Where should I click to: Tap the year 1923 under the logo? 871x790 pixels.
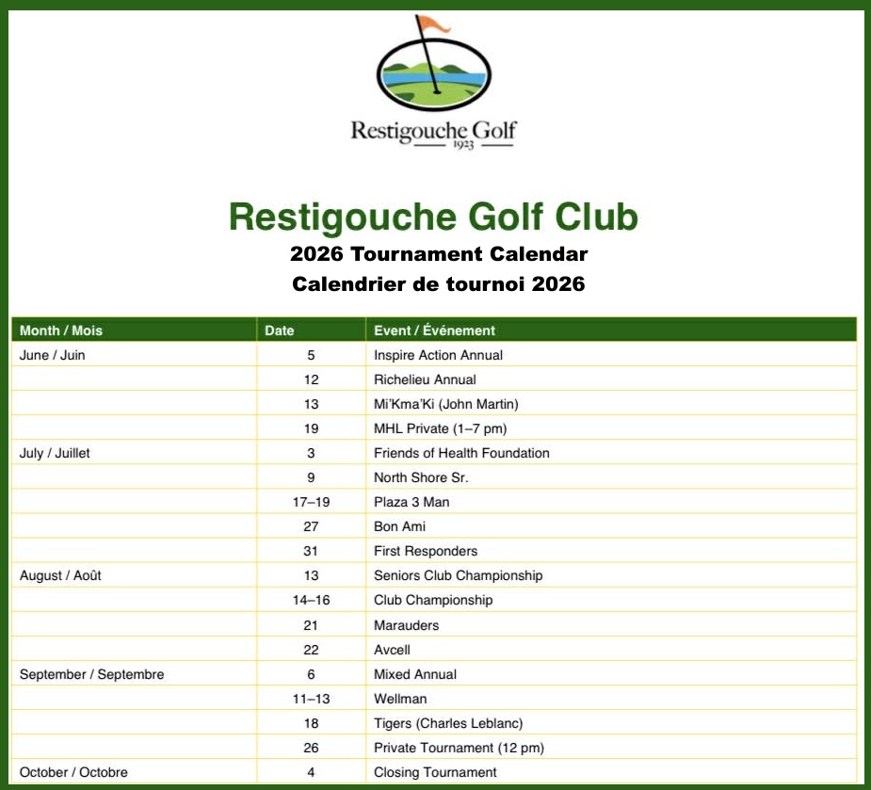coord(434,147)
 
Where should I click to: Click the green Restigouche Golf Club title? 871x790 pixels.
coord(434,218)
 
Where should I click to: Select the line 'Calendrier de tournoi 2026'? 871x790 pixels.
coord(438,283)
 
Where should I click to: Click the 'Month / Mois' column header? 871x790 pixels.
coord(61,331)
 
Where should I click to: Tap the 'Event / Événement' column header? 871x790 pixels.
coord(434,331)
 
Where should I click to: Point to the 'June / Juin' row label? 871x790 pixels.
coord(53,355)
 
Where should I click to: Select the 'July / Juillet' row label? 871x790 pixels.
coord(55,453)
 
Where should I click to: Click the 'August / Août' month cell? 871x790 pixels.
coord(60,575)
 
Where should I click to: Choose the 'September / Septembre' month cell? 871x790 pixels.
coord(91,674)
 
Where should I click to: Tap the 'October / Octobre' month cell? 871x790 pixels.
coord(73,772)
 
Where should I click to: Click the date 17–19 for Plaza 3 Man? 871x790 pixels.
coord(311,502)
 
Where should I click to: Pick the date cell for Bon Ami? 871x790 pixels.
coord(311,526)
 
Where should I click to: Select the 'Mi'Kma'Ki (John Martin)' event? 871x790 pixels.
coord(445,404)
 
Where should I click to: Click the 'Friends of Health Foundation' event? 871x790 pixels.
coord(461,453)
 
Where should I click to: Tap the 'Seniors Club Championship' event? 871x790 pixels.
coord(458,575)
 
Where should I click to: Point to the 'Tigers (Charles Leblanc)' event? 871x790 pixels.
coord(448,723)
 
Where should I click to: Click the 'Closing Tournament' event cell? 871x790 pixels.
coord(435,772)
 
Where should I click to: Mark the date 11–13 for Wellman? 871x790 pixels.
coord(311,699)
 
